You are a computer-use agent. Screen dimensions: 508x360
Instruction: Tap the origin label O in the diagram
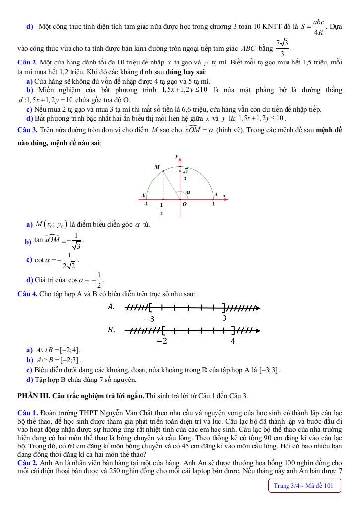click(x=184, y=204)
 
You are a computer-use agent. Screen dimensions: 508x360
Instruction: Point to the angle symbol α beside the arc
click(x=189, y=192)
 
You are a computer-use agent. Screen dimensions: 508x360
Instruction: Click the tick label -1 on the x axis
click(x=145, y=204)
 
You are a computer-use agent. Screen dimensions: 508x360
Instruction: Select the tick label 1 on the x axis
click(x=214, y=204)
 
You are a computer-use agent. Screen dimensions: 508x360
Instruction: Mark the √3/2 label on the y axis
click(x=185, y=174)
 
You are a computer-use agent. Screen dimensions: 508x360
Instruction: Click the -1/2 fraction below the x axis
click(x=161, y=209)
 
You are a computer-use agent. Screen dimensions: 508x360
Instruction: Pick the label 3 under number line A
click(x=224, y=318)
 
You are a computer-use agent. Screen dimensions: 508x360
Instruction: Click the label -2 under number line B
click(x=162, y=341)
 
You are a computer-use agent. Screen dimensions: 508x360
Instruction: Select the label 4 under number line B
click(x=233, y=341)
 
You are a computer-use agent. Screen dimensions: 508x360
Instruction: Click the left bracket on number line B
click(x=164, y=330)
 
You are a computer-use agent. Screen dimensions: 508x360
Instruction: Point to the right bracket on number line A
click(x=224, y=308)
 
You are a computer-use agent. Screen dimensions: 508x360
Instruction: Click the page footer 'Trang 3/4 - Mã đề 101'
click(x=303, y=486)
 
